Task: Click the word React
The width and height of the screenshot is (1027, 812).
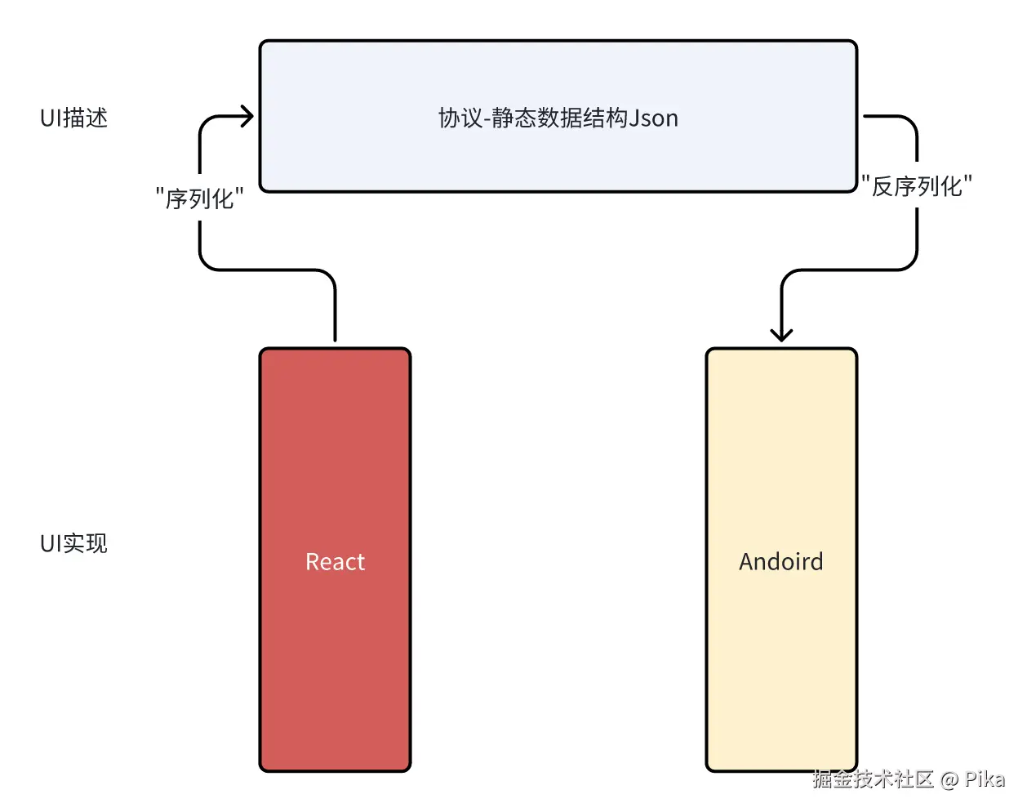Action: pos(335,562)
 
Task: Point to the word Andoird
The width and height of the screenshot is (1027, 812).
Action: pos(781,562)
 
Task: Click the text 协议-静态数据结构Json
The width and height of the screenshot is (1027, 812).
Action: pos(558,118)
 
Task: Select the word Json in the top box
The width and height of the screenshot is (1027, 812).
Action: pos(654,118)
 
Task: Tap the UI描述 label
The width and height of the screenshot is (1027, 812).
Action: pos(73,118)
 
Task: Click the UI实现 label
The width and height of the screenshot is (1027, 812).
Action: pos(73,543)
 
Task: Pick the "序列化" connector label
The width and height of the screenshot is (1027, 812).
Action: pos(200,199)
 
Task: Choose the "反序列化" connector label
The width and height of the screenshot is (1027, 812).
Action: pos(917,186)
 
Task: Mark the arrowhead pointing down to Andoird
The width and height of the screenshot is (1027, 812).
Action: pos(781,333)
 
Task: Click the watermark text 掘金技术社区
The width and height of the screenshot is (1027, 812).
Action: pos(873,779)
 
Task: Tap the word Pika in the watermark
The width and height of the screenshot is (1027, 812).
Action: pos(985,779)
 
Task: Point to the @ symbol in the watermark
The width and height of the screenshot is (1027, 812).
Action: pos(949,780)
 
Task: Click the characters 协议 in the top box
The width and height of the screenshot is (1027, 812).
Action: pos(460,118)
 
